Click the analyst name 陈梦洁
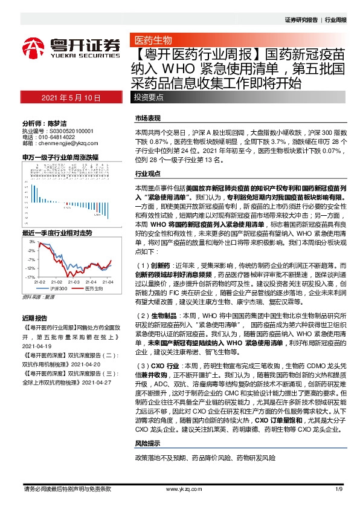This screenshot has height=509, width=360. click(x=60, y=122)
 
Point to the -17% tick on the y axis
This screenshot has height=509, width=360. click(x=29, y=277)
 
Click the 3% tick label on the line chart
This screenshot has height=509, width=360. click(x=31, y=241)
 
